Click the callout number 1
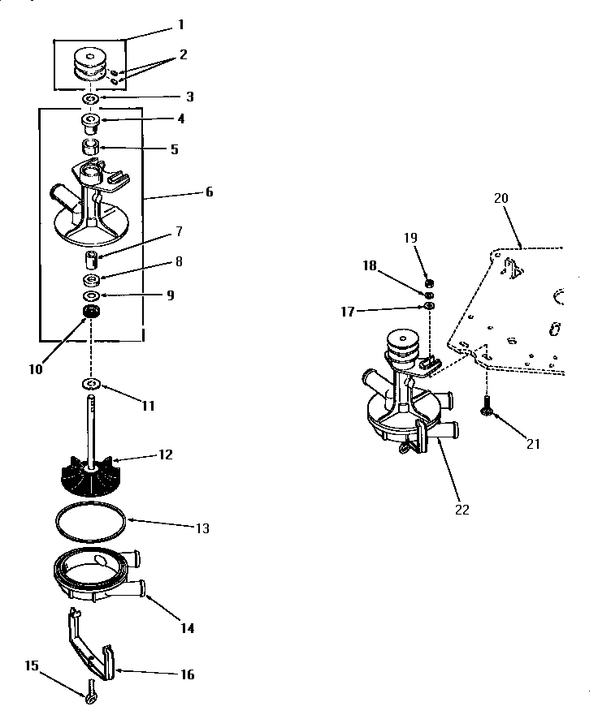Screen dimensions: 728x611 click(x=180, y=25)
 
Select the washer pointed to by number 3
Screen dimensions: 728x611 click(x=90, y=98)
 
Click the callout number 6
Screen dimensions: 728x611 click(x=209, y=192)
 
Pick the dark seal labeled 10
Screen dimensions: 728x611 click(x=90, y=312)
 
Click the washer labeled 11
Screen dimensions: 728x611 click(x=90, y=383)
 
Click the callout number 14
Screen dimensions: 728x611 click(x=188, y=628)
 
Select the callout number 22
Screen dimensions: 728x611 click(x=462, y=510)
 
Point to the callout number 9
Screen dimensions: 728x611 click(x=170, y=295)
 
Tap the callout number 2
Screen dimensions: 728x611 click(x=184, y=55)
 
